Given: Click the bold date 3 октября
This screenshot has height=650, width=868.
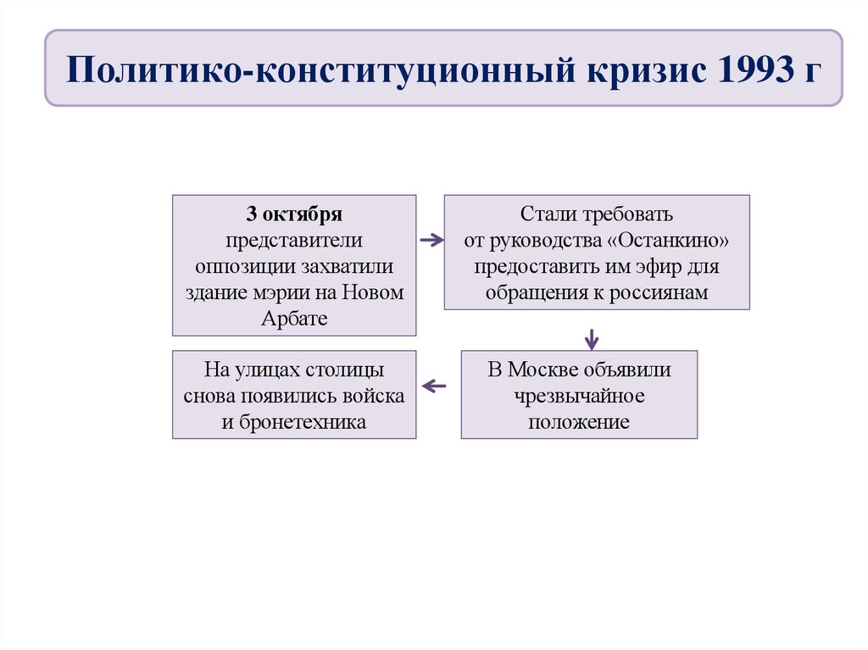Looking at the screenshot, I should coord(294,214).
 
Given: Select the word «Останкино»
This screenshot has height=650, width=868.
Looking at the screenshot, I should coord(670,240).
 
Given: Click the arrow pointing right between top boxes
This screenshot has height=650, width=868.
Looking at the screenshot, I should coord(431,240).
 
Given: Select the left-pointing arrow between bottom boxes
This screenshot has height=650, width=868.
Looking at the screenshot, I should coord(434,386).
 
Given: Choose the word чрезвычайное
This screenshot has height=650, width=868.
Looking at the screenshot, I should coord(579,396).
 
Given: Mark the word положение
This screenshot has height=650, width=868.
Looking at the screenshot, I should coord(579,422).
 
